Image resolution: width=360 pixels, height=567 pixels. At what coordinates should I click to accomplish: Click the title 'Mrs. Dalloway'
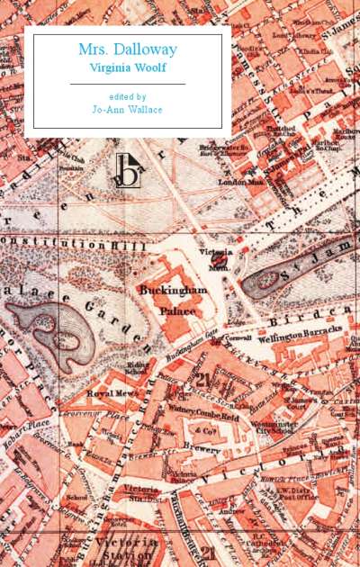click(x=127, y=50)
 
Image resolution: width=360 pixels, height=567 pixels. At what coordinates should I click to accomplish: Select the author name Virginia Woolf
click(x=127, y=67)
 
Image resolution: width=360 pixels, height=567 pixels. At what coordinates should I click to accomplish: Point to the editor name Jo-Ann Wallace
click(x=127, y=112)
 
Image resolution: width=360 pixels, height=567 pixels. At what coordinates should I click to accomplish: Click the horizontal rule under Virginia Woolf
click(x=127, y=84)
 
